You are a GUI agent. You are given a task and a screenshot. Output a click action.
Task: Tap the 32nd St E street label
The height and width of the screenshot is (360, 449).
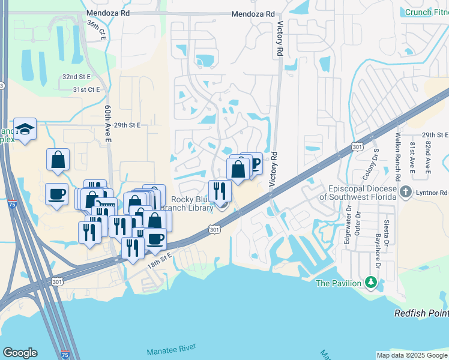[x=76, y=77]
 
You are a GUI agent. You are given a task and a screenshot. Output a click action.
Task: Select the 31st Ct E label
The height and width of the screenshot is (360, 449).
[x=86, y=89]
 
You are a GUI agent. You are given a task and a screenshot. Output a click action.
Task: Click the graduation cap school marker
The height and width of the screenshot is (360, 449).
[x=25, y=128]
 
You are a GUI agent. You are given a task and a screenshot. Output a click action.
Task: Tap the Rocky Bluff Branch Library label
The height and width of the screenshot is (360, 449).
[x=192, y=204]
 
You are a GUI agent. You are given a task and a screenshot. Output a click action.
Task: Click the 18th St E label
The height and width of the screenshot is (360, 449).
[x=160, y=255]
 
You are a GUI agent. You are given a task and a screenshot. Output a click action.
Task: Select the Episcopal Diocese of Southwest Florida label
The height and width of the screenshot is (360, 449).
[x=358, y=192]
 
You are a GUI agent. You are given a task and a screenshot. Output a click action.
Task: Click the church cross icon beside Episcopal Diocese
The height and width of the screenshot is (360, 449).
[x=406, y=192]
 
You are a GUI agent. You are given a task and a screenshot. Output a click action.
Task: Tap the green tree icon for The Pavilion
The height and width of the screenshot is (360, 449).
[x=372, y=282]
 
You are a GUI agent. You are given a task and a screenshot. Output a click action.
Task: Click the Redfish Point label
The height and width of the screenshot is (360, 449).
[x=421, y=314]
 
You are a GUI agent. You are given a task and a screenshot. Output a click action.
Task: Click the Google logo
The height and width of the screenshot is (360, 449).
[x=20, y=353]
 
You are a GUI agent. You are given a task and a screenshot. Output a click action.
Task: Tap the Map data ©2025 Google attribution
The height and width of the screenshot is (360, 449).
[x=412, y=355]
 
